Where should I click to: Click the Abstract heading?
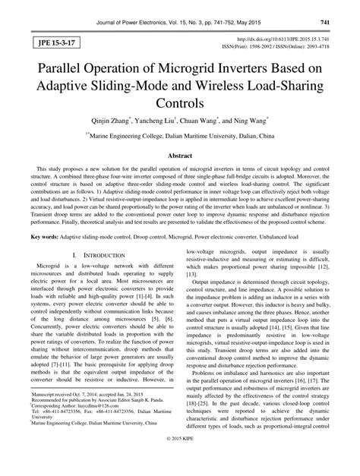tap(180, 153)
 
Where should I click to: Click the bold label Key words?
tap(46, 237)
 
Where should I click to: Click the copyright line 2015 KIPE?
tap(180, 462)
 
